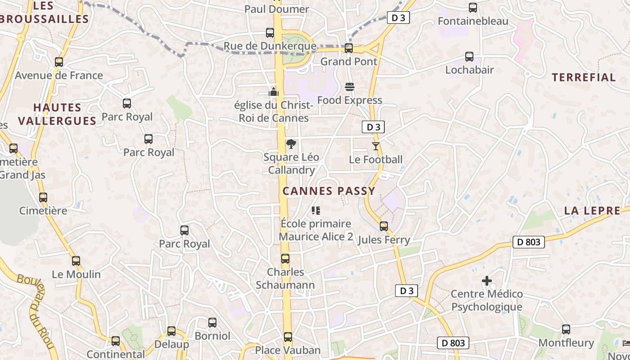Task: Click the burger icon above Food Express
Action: click(x=350, y=86)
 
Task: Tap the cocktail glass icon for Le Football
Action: click(x=376, y=146)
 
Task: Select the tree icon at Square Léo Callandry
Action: click(x=291, y=144)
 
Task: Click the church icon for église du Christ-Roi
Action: click(x=274, y=92)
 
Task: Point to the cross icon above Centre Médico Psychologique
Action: click(x=486, y=281)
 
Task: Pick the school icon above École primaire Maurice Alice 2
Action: click(x=316, y=210)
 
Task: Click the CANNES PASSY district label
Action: click(x=328, y=191)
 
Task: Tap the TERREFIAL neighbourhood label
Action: click(x=584, y=77)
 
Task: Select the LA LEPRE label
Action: click(x=592, y=211)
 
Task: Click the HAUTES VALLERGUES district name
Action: click(x=58, y=114)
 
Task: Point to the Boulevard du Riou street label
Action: click(x=36, y=310)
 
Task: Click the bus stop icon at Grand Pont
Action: click(x=348, y=48)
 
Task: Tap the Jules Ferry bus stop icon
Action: click(x=384, y=226)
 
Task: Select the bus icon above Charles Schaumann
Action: click(x=285, y=259)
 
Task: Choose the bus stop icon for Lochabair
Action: click(x=469, y=57)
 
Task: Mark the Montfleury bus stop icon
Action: click(x=566, y=329)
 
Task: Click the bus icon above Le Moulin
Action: click(x=76, y=261)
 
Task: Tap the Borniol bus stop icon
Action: click(x=212, y=322)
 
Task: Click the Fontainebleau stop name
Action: click(x=473, y=21)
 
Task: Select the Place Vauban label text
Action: click(x=288, y=350)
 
